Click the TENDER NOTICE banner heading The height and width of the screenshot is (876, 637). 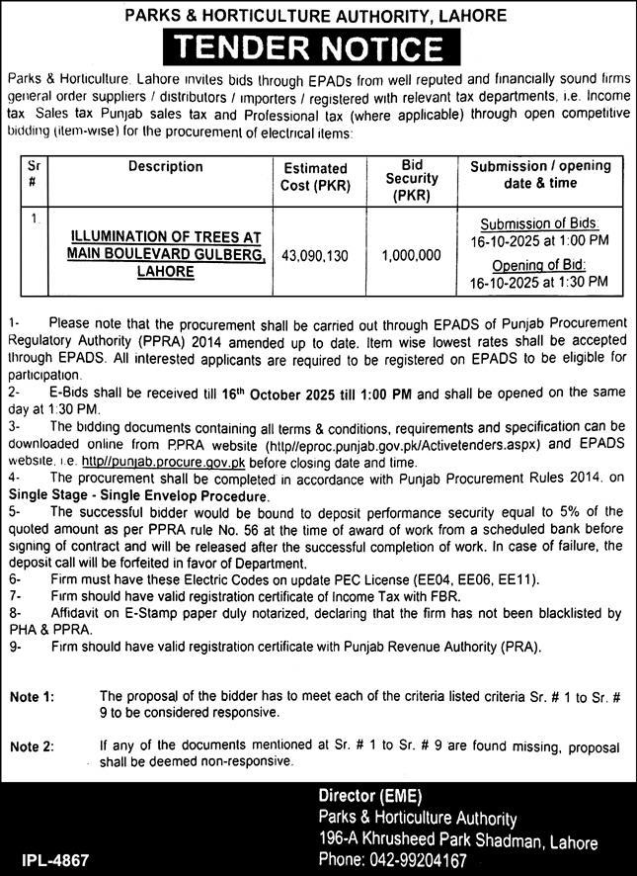318,46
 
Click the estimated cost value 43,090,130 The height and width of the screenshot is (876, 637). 315,255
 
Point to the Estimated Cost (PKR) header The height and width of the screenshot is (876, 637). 315,177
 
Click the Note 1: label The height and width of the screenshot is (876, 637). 33,698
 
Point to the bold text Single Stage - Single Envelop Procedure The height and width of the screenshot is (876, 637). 138,494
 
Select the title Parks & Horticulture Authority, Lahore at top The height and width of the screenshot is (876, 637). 318,15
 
